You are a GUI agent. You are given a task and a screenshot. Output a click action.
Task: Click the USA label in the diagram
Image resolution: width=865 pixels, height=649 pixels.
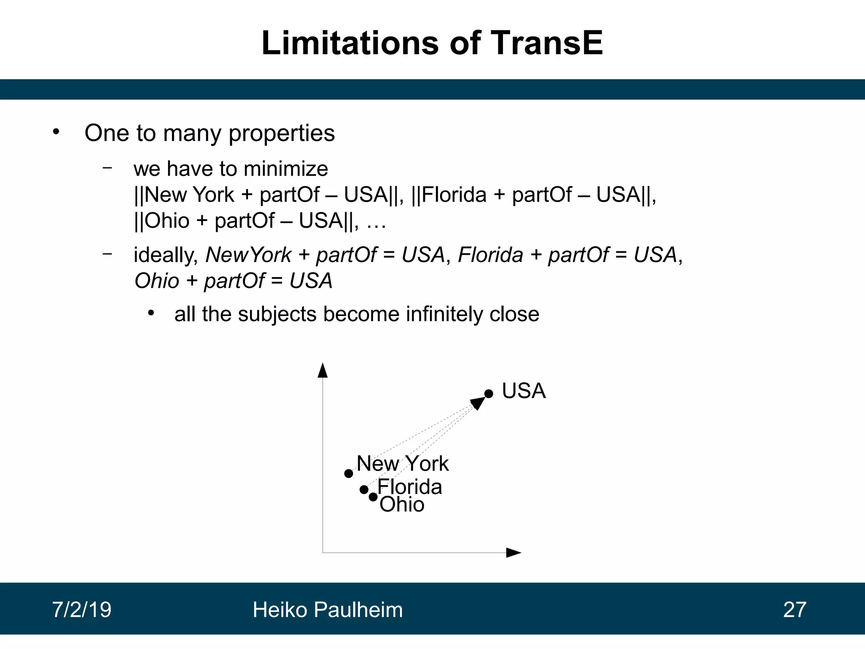(x=524, y=391)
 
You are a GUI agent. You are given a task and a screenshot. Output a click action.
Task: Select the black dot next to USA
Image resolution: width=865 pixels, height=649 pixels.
(x=489, y=394)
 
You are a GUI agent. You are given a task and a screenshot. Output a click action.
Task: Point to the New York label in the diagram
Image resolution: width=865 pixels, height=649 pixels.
(x=403, y=464)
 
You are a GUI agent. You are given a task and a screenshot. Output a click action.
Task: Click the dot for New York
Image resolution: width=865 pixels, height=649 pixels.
(x=348, y=474)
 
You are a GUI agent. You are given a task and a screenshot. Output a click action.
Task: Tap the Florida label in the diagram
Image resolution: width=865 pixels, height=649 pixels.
(x=410, y=487)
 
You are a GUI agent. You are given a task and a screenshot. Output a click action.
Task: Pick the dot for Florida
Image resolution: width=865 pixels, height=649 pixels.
(x=364, y=490)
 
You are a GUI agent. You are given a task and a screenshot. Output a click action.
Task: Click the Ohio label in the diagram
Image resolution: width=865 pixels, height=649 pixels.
(x=402, y=504)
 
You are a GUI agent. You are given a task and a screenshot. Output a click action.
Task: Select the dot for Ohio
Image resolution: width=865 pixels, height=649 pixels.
(x=373, y=497)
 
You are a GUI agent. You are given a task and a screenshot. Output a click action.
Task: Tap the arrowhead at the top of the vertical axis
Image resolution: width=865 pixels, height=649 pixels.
(x=323, y=370)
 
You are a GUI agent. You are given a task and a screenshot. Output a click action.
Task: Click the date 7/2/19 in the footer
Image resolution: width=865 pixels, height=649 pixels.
(x=82, y=610)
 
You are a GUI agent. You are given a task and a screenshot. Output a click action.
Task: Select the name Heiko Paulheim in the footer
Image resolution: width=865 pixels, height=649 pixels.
(x=328, y=610)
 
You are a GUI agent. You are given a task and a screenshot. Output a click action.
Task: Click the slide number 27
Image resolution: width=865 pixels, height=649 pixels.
(x=794, y=610)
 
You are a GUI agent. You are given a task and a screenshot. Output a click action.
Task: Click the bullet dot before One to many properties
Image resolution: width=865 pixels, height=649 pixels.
(x=56, y=132)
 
